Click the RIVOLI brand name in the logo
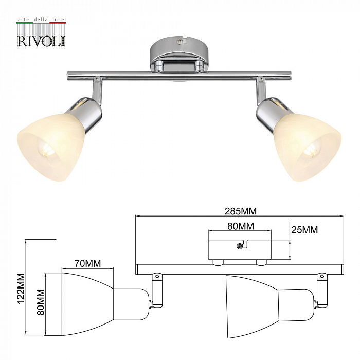point(41,41)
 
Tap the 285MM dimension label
point(240,211)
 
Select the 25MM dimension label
point(304,230)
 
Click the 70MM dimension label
point(88,263)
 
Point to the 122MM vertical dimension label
point(21,289)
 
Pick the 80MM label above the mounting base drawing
point(241,226)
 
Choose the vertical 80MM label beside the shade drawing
point(41,302)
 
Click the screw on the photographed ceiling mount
point(179,41)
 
